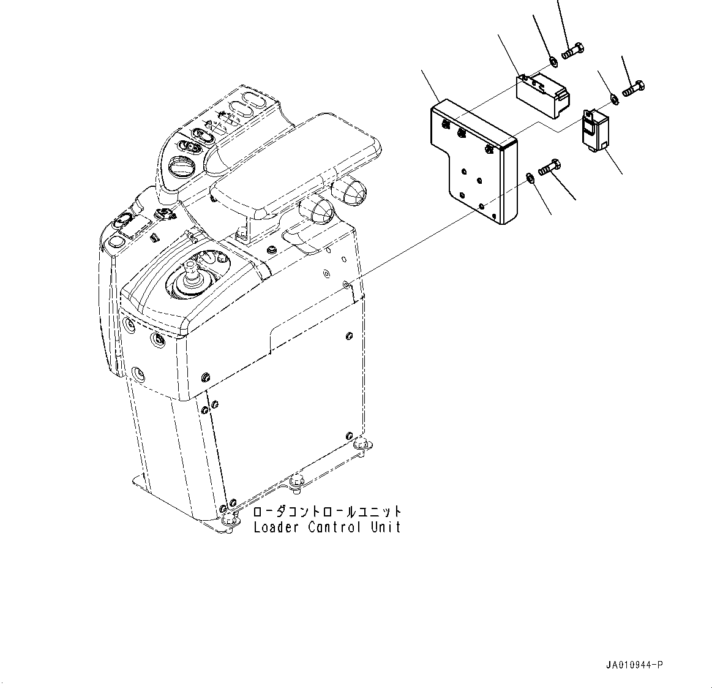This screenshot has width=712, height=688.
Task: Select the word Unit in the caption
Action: point(385,527)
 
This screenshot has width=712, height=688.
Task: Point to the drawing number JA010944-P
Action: point(635,665)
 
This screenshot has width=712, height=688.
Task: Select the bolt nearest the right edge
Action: point(633,88)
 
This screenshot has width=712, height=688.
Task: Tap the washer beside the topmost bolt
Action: point(553,61)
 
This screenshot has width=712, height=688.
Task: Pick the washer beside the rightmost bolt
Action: point(614,99)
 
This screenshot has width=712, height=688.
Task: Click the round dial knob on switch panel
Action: point(182,167)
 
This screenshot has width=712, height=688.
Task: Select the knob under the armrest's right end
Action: point(350,192)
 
